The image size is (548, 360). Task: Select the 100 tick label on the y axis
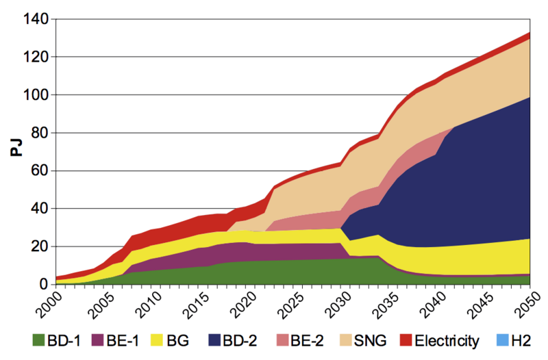tap(34, 95)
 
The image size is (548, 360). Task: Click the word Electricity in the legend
tap(445, 338)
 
